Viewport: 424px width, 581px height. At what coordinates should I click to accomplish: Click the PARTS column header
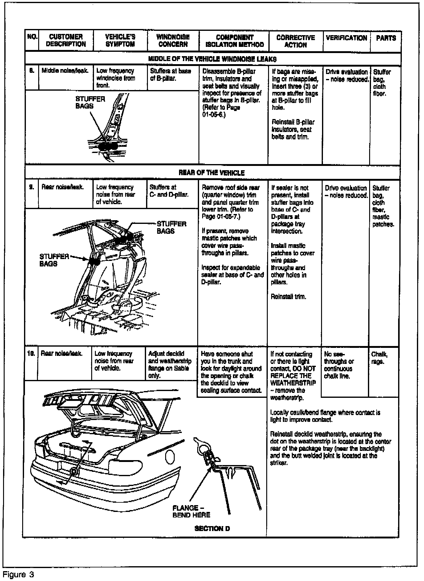pyautogui.click(x=386, y=38)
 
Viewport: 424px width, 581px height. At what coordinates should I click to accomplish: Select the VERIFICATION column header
pyautogui.click(x=346, y=38)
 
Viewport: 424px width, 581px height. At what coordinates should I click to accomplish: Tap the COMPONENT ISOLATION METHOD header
pyautogui.click(x=234, y=41)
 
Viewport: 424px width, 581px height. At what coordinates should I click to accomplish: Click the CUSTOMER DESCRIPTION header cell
pyautogui.click(x=66, y=40)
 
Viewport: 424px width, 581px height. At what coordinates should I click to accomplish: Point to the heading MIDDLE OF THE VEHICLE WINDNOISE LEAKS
pyautogui.click(x=212, y=59)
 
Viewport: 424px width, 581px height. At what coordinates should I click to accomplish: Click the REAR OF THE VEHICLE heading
pyautogui.click(x=212, y=173)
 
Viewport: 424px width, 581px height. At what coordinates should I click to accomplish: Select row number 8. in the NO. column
pyautogui.click(x=31, y=71)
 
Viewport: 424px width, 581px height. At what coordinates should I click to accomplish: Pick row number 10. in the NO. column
pyautogui.click(x=31, y=353)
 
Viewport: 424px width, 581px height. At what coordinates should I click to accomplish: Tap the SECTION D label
pyautogui.click(x=212, y=529)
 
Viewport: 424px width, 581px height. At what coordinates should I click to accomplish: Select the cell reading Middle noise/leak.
pyautogui.click(x=65, y=71)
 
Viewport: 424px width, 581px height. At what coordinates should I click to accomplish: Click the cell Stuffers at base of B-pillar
pyautogui.click(x=170, y=75)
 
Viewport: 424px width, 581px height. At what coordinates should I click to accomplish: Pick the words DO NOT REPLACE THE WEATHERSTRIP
pyautogui.click(x=293, y=376)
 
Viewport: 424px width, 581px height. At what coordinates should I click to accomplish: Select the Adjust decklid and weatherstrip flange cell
pyautogui.click(x=170, y=365)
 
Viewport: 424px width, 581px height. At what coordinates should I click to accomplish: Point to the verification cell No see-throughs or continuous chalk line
pyautogui.click(x=339, y=365)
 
